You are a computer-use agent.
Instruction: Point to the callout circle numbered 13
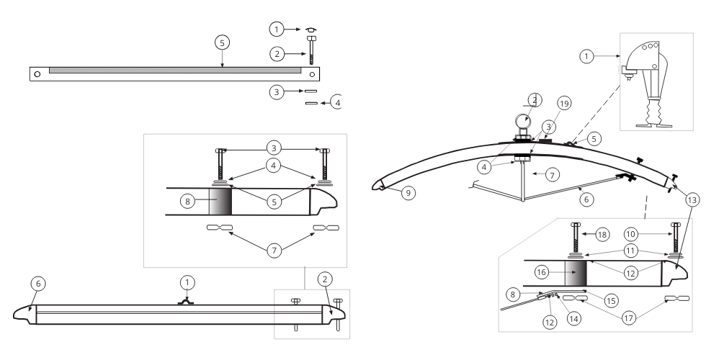pyautogui.click(x=692, y=199)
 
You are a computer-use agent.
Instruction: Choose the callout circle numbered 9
pyautogui.click(x=410, y=193)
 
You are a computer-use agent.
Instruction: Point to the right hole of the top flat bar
pyautogui.click(x=311, y=73)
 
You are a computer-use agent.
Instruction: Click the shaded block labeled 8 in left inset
pyautogui.click(x=220, y=202)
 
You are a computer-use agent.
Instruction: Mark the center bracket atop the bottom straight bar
pyautogui.click(x=187, y=301)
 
